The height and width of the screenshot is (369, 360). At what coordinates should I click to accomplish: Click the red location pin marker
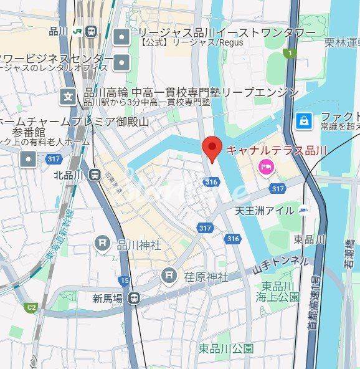pyautogui.click(x=212, y=148)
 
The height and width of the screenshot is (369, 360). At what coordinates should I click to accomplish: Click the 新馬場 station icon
pyautogui.click(x=134, y=299)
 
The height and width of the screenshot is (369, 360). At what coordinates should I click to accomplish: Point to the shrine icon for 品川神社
pyautogui.click(x=103, y=243)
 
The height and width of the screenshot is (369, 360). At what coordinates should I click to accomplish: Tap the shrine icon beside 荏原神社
pyautogui.click(x=169, y=275)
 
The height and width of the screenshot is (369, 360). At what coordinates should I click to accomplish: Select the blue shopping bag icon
pyautogui.click(x=303, y=120)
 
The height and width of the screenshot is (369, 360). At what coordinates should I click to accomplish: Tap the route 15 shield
pyautogui.click(x=125, y=281)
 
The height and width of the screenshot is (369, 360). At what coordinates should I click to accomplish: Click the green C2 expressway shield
pyautogui.click(x=30, y=307)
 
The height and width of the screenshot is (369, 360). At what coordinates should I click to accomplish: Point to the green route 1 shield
pyautogui.click(x=288, y=54)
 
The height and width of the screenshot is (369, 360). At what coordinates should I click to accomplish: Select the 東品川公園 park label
pyautogui.click(x=226, y=348)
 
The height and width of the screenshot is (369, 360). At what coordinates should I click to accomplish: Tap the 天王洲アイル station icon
pyautogui.click(x=303, y=209)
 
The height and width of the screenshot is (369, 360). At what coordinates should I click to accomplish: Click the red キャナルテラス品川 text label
pyautogui.click(x=276, y=150)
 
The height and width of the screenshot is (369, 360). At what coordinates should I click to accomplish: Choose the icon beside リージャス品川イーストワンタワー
pyautogui.click(x=121, y=37)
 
